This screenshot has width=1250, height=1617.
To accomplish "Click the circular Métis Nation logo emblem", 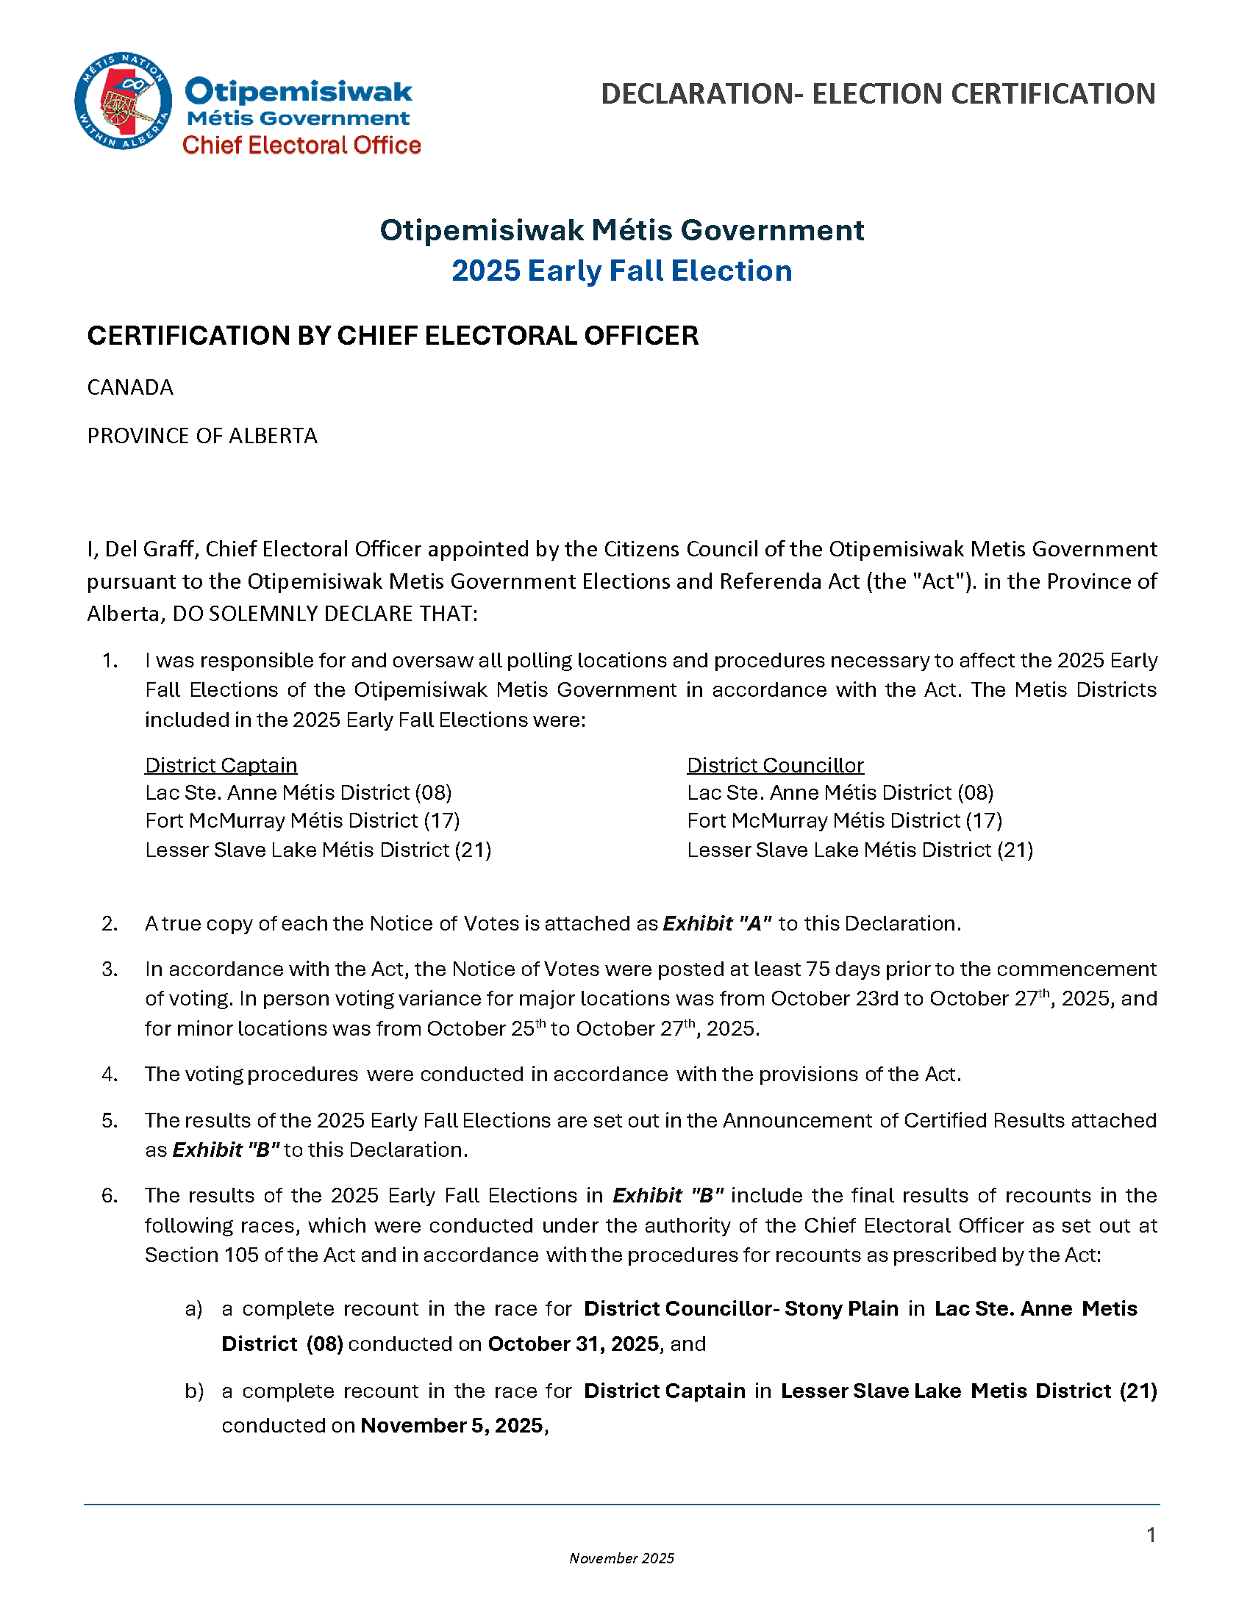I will [123, 101].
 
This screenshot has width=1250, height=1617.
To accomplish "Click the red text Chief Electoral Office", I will [301, 145].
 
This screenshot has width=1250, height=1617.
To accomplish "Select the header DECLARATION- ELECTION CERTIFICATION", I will [877, 94].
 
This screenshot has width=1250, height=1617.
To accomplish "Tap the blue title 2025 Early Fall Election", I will [621, 271].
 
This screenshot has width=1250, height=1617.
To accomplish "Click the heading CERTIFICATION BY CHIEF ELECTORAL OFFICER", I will [393, 335].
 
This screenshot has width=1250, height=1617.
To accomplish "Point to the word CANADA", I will [130, 387].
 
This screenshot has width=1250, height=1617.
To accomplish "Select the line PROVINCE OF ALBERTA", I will [202, 435].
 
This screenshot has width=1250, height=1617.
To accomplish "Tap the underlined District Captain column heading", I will [221, 765].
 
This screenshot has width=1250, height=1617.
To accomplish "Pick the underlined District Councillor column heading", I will [775, 765].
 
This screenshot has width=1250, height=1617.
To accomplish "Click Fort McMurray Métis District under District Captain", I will [302, 820].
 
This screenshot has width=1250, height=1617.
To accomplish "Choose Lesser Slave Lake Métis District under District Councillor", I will [860, 849].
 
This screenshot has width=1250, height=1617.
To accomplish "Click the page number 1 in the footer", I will [1151, 1535].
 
